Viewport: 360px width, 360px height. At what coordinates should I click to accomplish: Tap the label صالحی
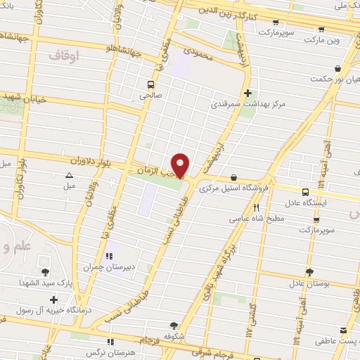(x=150, y=92)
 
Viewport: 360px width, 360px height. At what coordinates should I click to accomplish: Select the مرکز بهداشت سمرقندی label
(x=249, y=104)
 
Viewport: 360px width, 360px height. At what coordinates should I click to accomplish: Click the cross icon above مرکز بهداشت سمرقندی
(x=247, y=93)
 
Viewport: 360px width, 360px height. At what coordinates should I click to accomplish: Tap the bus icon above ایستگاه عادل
(x=305, y=191)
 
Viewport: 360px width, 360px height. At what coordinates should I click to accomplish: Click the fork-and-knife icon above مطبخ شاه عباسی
(x=256, y=207)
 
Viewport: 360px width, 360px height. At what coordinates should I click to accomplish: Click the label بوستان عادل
(x=309, y=284)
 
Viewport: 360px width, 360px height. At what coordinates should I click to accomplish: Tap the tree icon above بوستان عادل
(x=309, y=273)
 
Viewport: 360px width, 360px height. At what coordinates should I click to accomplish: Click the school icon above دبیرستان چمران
(x=108, y=256)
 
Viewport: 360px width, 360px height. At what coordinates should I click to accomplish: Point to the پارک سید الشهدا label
(x=46, y=283)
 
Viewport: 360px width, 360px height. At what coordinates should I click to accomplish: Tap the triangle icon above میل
(x=69, y=176)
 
